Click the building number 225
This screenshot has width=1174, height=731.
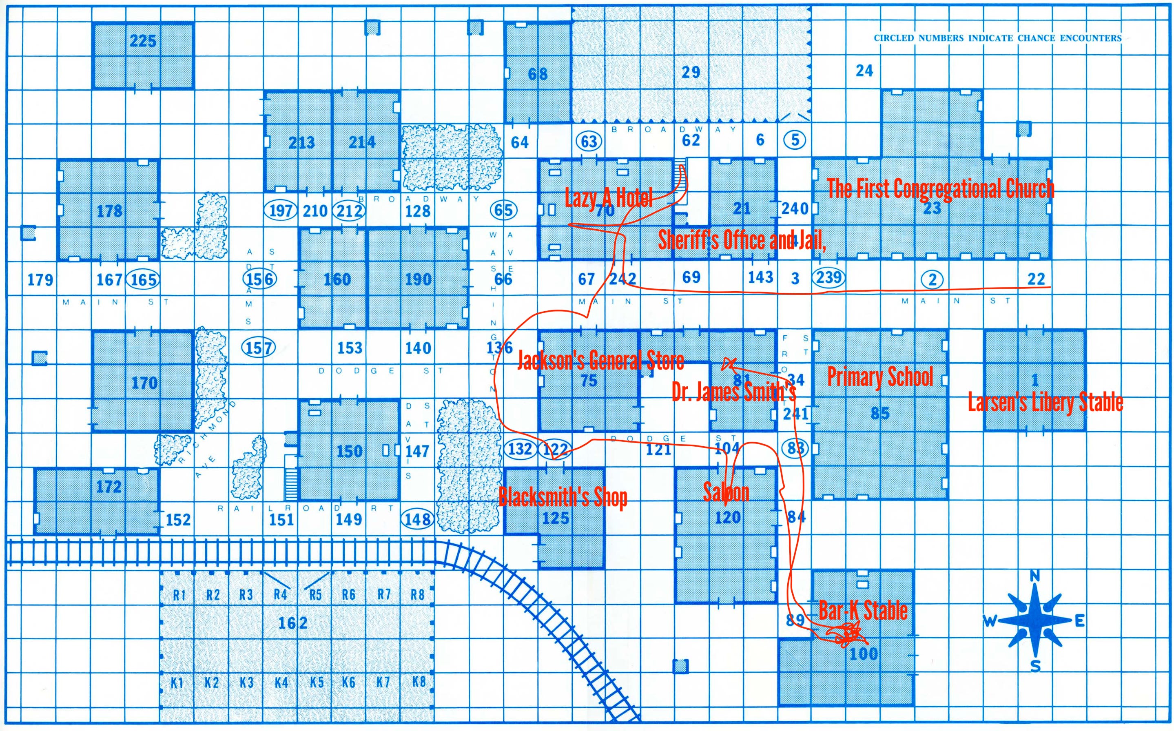coord(143,41)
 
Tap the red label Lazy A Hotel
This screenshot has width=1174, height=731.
coord(609,197)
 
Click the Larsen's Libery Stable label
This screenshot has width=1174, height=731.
coord(1045,403)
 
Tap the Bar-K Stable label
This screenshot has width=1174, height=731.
coord(863,610)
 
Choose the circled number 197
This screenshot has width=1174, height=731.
coord(281,211)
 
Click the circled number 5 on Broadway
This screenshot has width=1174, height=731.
coord(795,140)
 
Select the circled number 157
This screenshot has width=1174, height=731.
coord(258,348)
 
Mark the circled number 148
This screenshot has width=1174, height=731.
coord(418,519)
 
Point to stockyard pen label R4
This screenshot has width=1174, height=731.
coord(280,594)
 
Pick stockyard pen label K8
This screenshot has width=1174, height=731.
coord(419,682)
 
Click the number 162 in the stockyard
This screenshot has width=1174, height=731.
coord(293,623)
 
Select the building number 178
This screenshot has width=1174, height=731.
coord(110,211)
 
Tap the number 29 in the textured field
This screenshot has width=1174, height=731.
coord(691,73)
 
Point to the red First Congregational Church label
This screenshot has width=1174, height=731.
coord(941,188)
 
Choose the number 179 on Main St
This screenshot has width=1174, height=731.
coord(40,279)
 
